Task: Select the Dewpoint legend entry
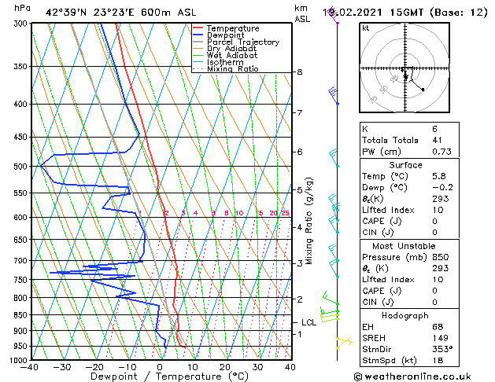[x=225, y=35]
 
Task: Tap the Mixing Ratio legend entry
[x=232, y=69]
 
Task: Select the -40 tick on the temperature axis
[x=31, y=367]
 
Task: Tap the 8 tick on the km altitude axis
[x=300, y=72]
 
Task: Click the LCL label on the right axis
[x=309, y=322]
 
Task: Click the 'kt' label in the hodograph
[x=366, y=28]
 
